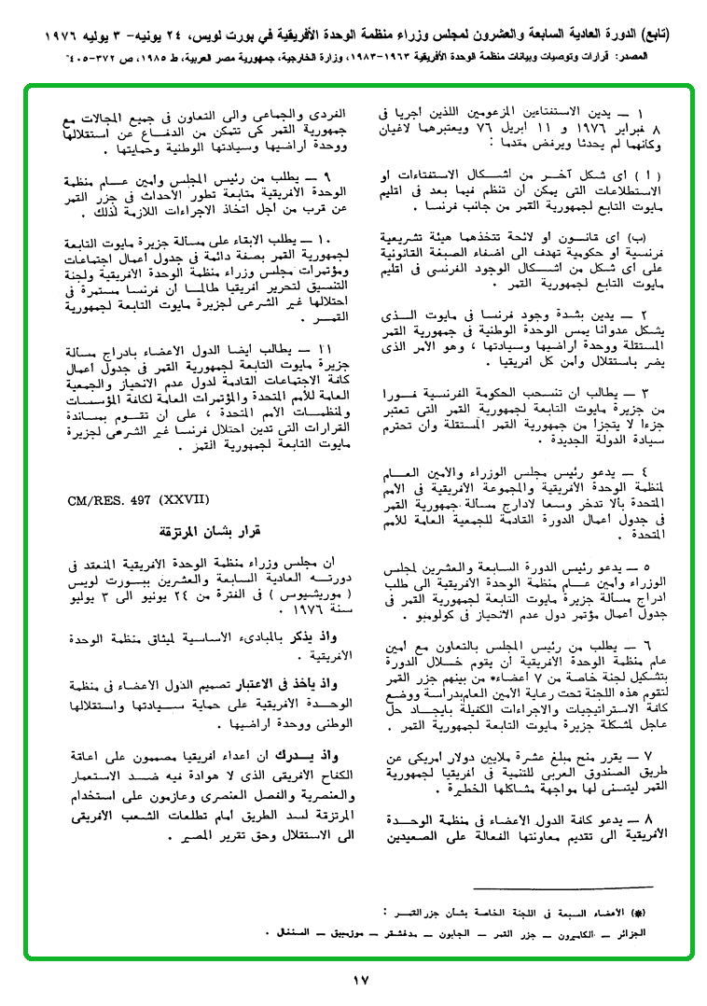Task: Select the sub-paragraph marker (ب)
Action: tap(653, 236)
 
